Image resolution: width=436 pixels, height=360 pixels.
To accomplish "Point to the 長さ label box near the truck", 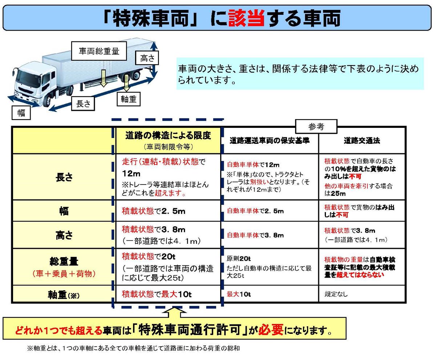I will [83, 104].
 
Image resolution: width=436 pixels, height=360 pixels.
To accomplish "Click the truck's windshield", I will [26, 74].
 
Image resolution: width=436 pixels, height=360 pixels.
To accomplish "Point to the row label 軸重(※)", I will [64, 294].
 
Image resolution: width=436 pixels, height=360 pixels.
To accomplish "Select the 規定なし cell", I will [336, 294].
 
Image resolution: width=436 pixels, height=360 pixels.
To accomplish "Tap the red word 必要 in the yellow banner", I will [271, 331].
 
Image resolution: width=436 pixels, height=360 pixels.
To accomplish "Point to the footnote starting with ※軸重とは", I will [133, 348].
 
